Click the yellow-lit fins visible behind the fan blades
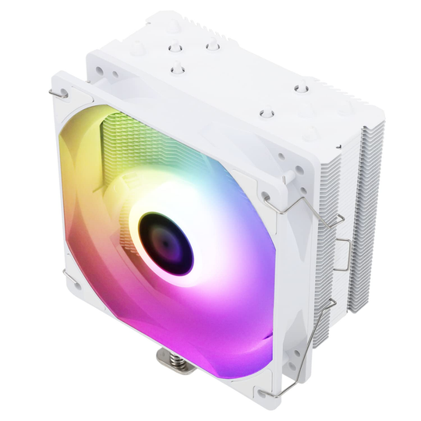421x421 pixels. pos(133,133)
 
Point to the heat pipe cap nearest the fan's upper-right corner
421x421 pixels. pos(265,115)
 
